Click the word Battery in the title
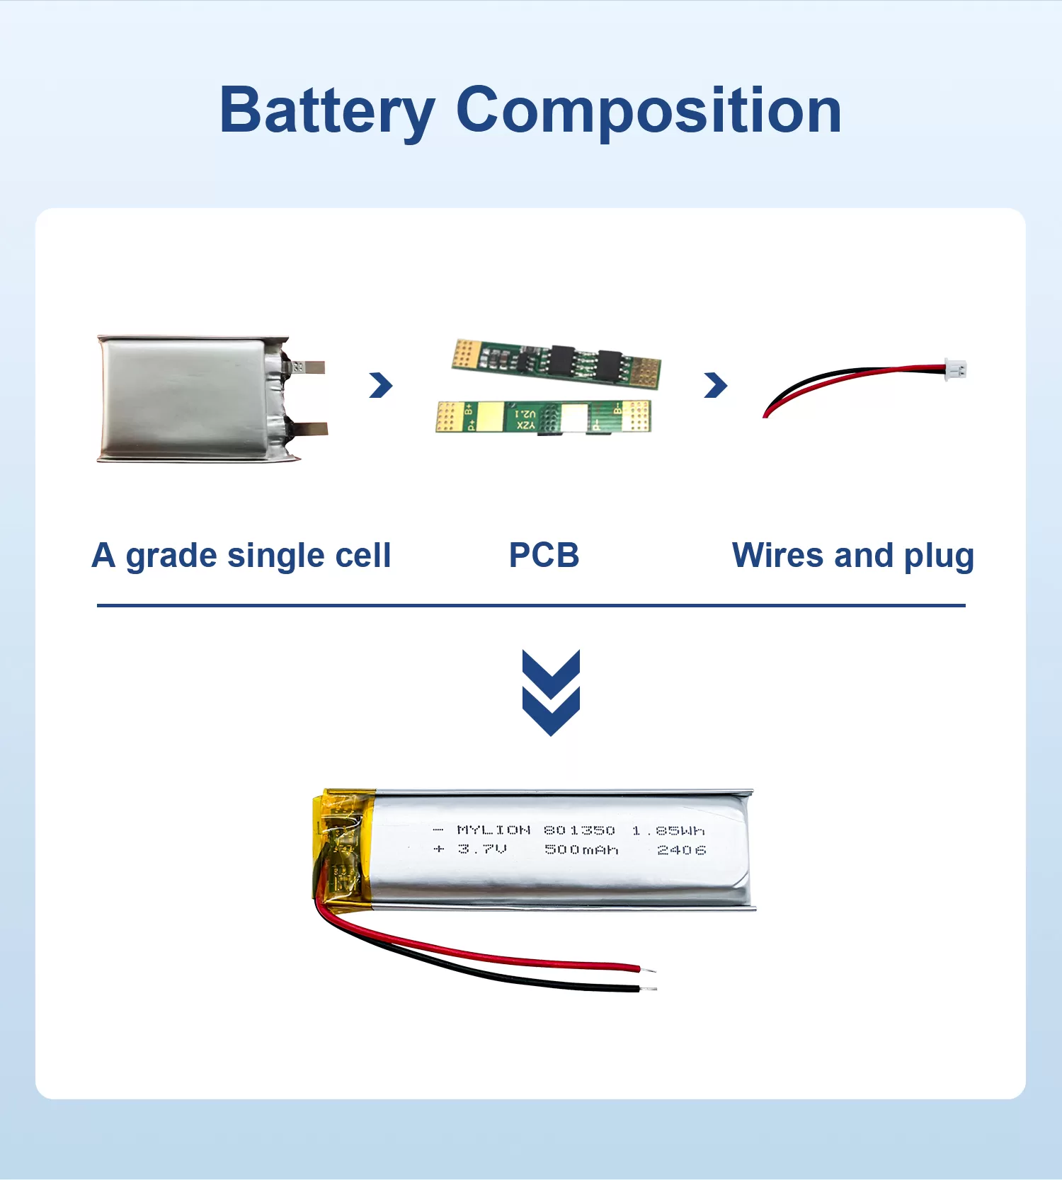click(326, 111)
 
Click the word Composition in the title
click(649, 111)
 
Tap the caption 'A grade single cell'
click(241, 556)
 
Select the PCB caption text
click(544, 556)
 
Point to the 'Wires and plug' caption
click(852, 556)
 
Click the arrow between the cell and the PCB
click(381, 385)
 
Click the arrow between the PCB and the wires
click(716, 385)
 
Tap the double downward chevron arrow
click(551, 692)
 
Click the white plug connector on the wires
click(956, 369)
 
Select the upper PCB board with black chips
click(556, 362)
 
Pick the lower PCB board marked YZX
click(543, 417)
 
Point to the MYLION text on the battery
click(493, 830)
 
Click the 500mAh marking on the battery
click(581, 849)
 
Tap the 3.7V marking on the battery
click(481, 849)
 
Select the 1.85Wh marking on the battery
click(668, 830)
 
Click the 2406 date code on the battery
click(681, 849)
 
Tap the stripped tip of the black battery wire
click(649, 988)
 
